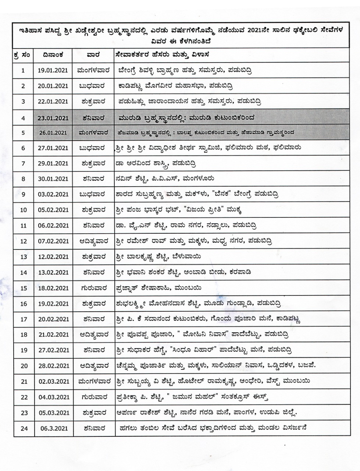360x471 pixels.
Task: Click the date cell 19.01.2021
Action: click(53, 70)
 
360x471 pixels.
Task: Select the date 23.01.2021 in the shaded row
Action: click(53, 118)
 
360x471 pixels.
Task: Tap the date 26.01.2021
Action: click(53, 132)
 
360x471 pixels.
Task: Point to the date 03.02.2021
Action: click(53, 194)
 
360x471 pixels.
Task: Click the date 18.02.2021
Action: click(53, 288)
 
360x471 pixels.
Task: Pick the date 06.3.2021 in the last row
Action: click(53, 429)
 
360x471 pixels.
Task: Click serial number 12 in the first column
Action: click(24, 241)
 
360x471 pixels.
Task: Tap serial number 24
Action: click(24, 429)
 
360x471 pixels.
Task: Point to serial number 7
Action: click(23, 163)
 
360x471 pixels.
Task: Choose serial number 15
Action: click(24, 288)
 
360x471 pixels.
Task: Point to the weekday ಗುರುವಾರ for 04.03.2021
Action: click(92, 397)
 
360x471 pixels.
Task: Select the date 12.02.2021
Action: click(53, 257)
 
